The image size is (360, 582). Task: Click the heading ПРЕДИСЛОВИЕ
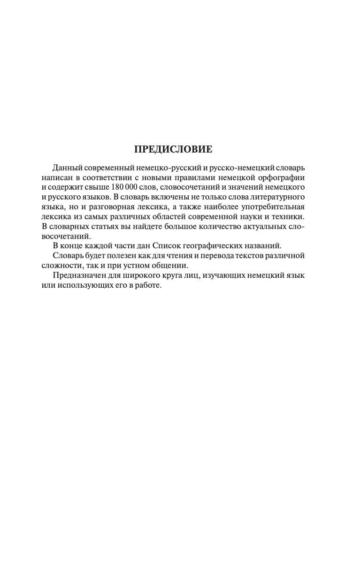(x=173, y=150)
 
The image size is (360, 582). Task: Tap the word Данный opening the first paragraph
(x=68, y=168)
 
